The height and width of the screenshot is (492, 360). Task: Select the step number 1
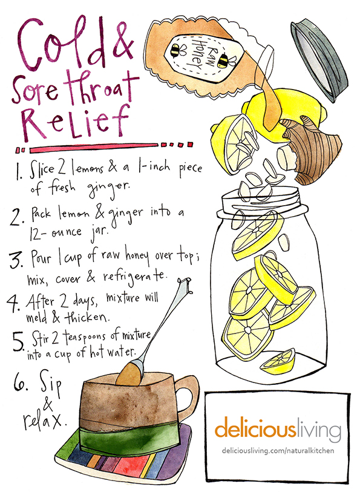point(19,172)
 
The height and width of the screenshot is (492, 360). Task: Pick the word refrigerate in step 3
point(134,277)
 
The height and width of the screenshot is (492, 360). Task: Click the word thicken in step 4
point(86,317)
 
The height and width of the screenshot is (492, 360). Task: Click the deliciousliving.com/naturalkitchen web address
point(278,451)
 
